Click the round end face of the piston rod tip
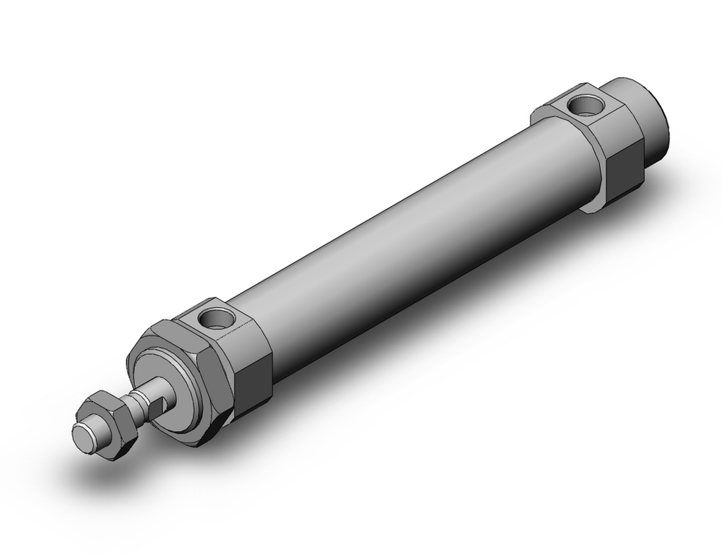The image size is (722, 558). pos(85,436)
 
